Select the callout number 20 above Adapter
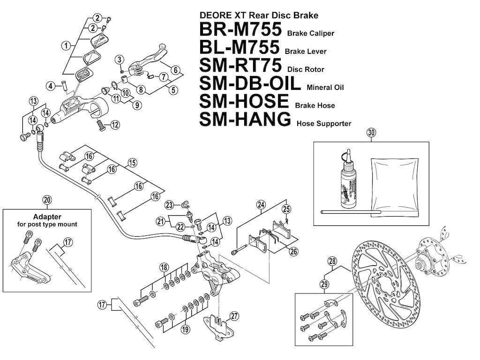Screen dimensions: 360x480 point(47,199)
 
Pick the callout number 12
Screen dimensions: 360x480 point(115,125)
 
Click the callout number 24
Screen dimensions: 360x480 point(261,204)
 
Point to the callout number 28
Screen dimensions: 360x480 point(332,261)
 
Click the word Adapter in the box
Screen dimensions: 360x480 point(46,217)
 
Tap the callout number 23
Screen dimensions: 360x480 point(169,204)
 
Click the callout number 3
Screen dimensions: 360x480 point(120,60)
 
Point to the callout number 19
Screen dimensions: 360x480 point(185,329)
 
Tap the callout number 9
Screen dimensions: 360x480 point(137,105)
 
